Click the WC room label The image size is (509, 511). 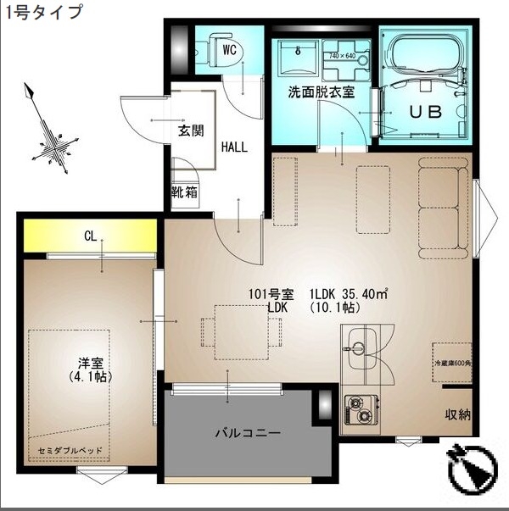click(x=229, y=48)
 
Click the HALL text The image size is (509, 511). click(x=234, y=147)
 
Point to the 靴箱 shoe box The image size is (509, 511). click(x=184, y=192)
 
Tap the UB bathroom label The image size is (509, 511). click(x=426, y=112)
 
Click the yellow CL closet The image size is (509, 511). click(x=90, y=236)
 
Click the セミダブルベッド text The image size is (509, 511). click(x=67, y=446)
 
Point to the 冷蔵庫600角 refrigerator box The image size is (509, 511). click(x=451, y=362)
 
